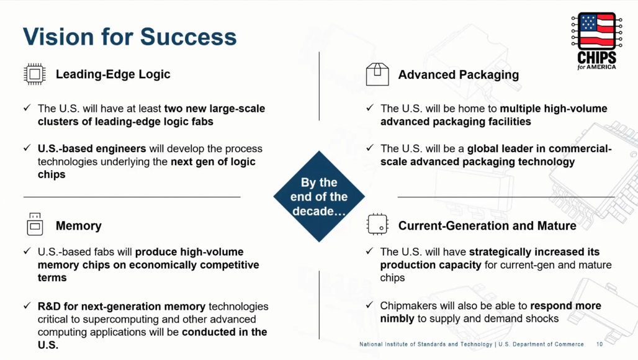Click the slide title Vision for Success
(x=130, y=37)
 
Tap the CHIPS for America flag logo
(x=596, y=41)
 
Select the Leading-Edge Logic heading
(x=113, y=74)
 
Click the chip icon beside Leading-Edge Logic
(x=35, y=74)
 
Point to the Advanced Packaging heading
(x=459, y=75)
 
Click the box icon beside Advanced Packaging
(x=377, y=74)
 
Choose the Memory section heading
(x=79, y=226)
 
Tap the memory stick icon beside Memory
(x=35, y=224)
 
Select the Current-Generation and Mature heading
(x=487, y=226)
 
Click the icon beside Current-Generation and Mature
(x=377, y=224)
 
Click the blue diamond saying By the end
(x=319, y=197)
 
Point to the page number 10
(x=600, y=344)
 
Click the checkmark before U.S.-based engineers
(x=27, y=148)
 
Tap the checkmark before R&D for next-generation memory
(x=27, y=305)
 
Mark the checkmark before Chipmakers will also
(x=369, y=305)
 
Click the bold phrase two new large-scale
(x=215, y=109)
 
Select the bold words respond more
(x=565, y=305)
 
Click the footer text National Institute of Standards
(x=426, y=344)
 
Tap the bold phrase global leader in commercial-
(x=539, y=148)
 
